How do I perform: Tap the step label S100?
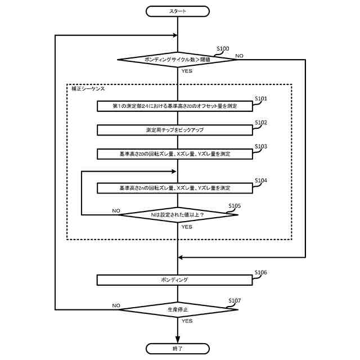click(223, 49)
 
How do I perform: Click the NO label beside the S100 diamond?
click(239, 56)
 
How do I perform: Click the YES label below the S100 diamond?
click(187, 71)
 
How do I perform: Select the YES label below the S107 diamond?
click(187, 321)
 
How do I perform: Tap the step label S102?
click(260, 123)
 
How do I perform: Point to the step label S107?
click(235, 301)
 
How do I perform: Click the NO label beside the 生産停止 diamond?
click(116, 305)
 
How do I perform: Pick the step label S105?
click(235, 206)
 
